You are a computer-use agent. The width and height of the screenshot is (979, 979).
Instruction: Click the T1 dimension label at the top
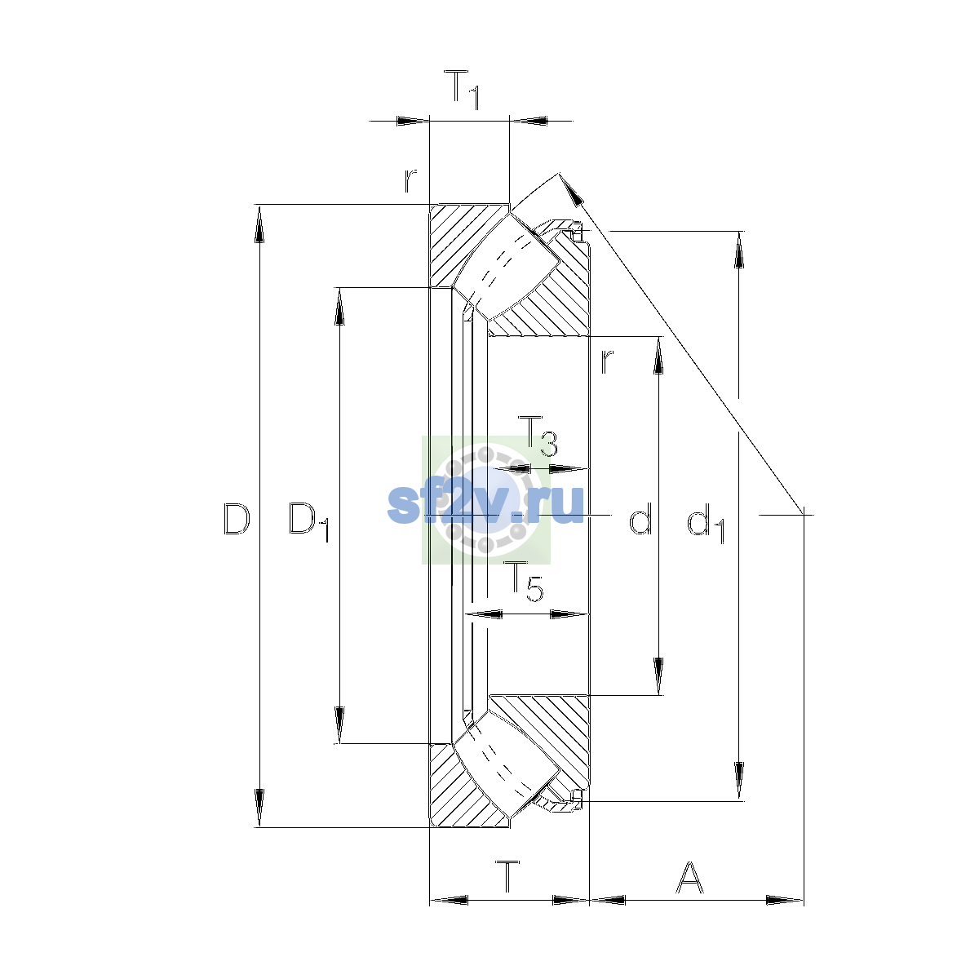pyautogui.click(x=461, y=90)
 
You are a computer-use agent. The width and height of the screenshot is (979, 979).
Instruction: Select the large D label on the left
pyautogui.click(x=237, y=519)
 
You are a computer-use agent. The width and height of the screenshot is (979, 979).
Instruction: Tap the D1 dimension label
pyautogui.click(x=309, y=521)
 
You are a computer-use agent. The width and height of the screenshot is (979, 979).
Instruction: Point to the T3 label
pyautogui.click(x=538, y=436)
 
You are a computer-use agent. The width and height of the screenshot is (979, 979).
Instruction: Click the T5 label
pyautogui.click(x=523, y=583)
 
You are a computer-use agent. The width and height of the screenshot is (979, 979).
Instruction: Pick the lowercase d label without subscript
pyautogui.click(x=640, y=518)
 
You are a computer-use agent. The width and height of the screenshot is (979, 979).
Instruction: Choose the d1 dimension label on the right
pyautogui.click(x=706, y=523)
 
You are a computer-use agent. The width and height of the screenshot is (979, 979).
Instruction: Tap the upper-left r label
pyautogui.click(x=410, y=180)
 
